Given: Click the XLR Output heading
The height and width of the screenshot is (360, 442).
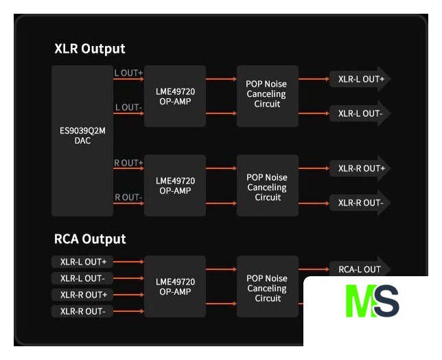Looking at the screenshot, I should (90, 49).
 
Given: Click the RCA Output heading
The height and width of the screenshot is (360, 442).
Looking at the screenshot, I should (90, 239).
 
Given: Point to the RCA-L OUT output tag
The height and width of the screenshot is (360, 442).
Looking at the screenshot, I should (359, 269).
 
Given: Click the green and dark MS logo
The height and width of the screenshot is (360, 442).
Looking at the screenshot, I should (372, 303).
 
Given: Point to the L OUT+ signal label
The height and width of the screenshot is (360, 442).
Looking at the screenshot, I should (129, 72).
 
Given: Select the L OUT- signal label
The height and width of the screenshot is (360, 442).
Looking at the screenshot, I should (128, 107).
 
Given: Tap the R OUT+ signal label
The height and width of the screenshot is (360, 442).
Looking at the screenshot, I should (129, 163).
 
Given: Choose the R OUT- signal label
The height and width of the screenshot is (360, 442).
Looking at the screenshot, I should (128, 197).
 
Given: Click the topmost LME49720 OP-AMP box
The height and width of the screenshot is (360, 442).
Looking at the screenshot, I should (175, 96).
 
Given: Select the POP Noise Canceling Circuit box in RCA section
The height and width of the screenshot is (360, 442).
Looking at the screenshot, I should (268, 287).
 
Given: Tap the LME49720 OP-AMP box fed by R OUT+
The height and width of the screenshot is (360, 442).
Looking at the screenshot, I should (175, 185).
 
